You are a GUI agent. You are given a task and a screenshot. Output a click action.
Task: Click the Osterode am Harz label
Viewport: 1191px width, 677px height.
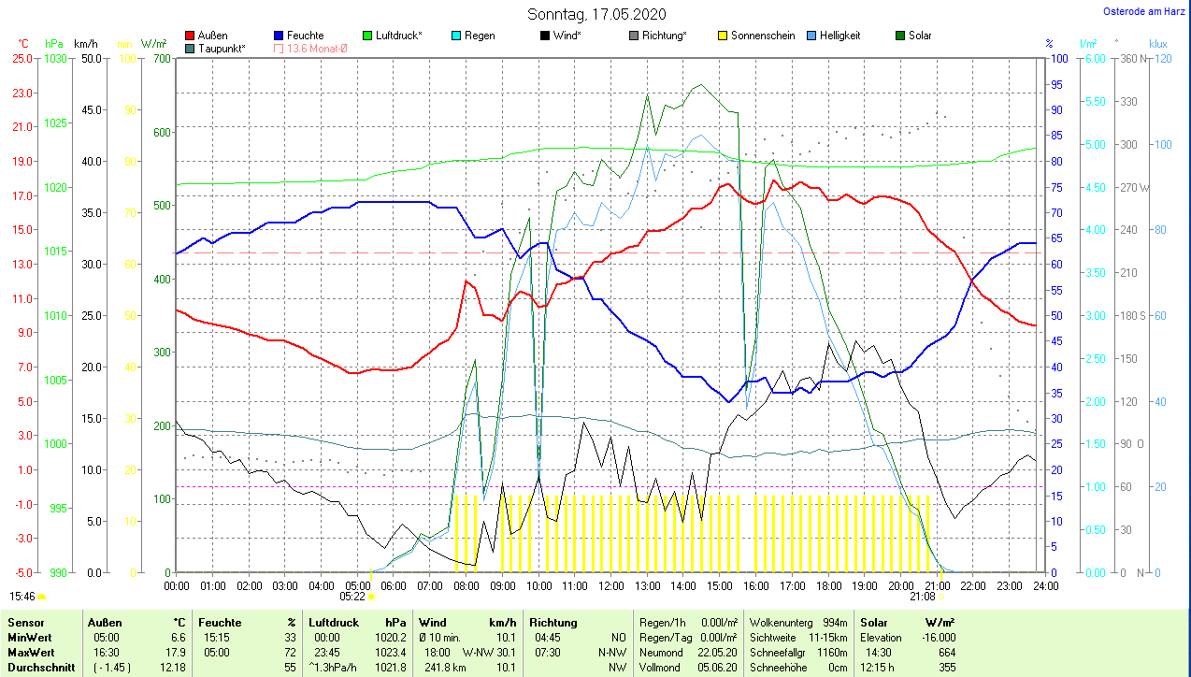click(1145, 11)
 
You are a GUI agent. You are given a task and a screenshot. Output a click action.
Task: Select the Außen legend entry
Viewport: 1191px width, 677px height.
click(212, 36)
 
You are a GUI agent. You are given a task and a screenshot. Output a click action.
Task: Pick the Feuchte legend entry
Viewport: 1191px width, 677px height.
click(305, 36)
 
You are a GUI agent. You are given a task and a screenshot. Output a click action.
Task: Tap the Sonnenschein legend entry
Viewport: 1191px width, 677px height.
click(763, 36)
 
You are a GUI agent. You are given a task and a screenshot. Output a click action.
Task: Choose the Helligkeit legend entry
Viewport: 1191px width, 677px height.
click(839, 36)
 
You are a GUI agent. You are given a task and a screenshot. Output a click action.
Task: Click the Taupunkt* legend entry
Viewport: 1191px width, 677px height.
click(222, 48)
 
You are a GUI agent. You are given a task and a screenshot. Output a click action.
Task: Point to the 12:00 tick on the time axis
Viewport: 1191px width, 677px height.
click(610, 585)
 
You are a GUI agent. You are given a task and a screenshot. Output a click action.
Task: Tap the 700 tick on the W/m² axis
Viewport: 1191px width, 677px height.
click(161, 58)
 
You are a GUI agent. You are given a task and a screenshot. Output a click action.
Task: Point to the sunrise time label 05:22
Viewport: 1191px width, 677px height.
click(352, 596)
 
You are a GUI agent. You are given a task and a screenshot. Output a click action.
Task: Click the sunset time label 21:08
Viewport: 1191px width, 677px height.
click(922, 596)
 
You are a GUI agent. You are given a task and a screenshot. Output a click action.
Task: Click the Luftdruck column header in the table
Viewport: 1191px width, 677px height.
click(333, 623)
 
